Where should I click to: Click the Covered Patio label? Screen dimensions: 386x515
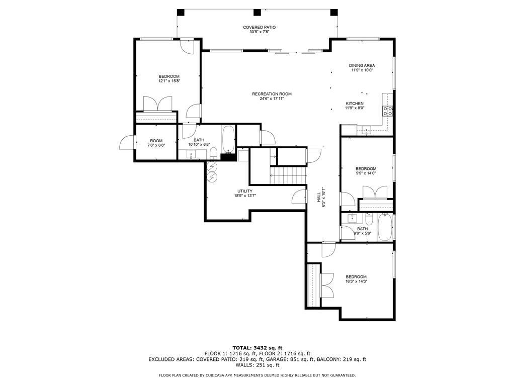259,27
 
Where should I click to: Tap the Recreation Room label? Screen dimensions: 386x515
272,94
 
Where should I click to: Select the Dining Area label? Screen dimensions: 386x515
362,65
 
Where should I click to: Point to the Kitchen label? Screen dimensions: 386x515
354,104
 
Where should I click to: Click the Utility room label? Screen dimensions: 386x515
245,191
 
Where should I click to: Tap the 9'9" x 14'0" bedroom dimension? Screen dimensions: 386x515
366,173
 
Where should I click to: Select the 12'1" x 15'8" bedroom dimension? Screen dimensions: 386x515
169,81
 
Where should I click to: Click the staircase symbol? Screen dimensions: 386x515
288,175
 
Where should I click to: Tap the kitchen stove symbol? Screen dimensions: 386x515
388,110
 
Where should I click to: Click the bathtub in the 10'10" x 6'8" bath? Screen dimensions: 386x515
228,140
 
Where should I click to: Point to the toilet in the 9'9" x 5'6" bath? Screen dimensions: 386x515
369,219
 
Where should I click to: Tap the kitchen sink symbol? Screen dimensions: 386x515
366,130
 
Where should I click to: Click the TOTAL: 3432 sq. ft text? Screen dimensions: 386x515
257,347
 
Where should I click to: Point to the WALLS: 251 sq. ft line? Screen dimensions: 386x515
257,365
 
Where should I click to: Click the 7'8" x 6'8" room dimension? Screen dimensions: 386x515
156,145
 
